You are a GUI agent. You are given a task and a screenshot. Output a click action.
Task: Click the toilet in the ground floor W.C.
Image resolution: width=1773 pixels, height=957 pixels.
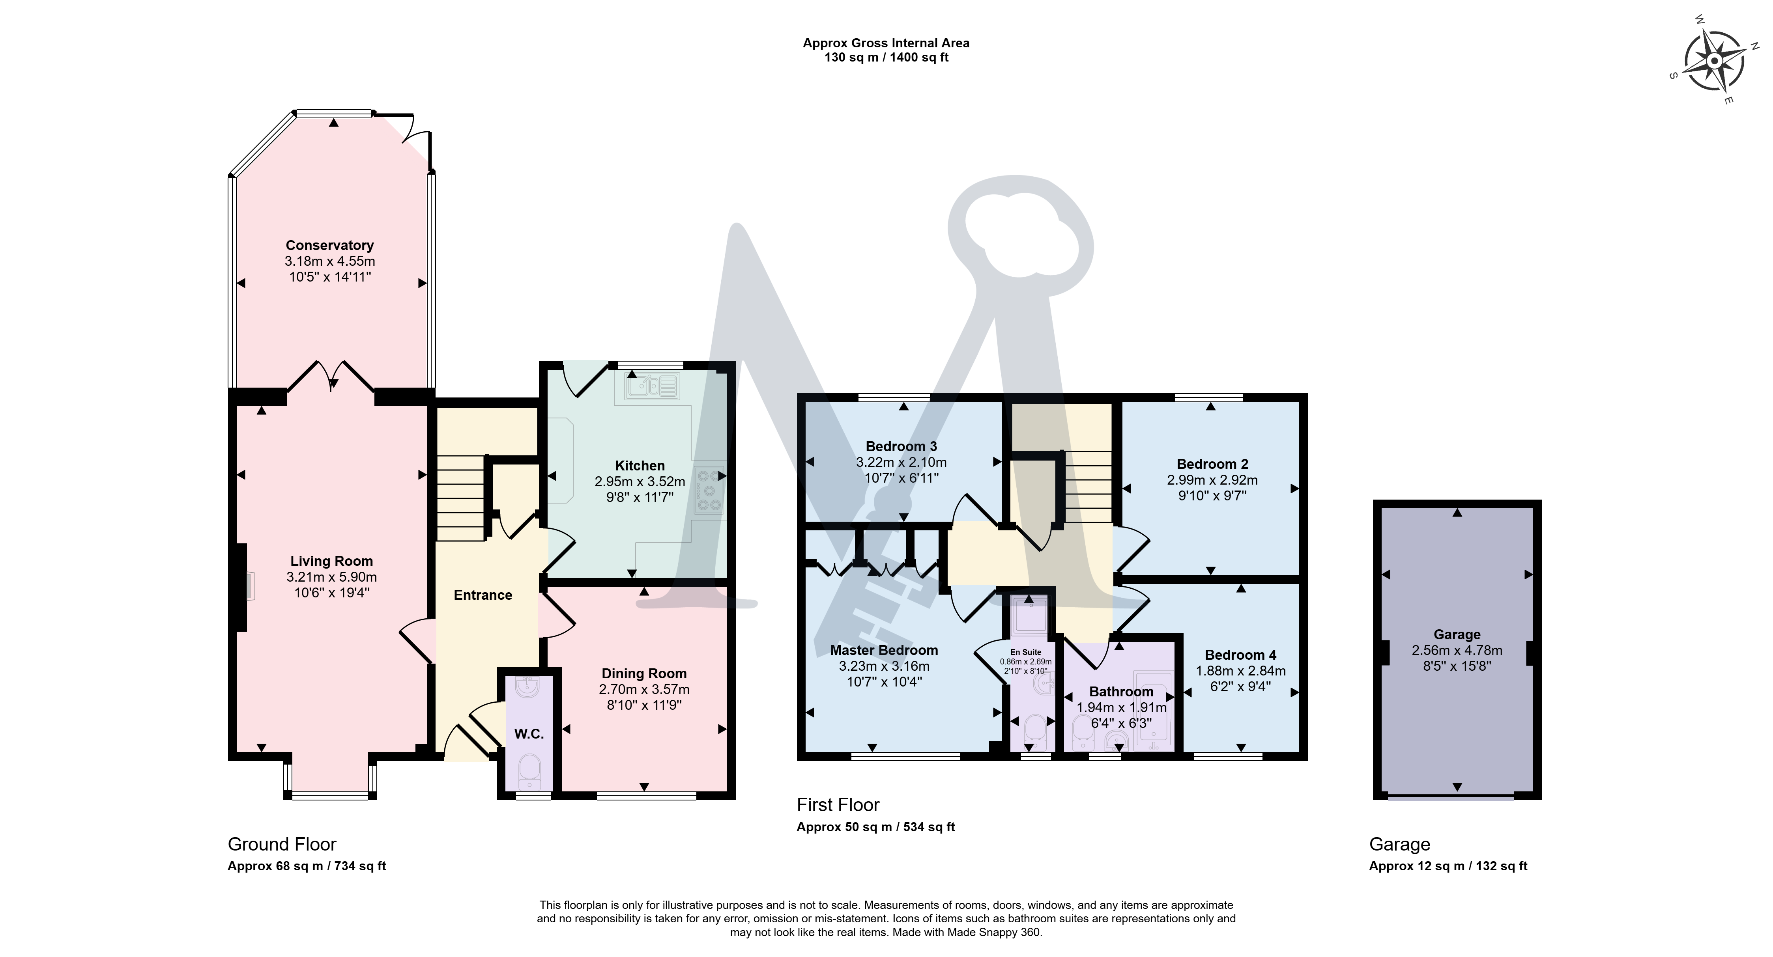529,770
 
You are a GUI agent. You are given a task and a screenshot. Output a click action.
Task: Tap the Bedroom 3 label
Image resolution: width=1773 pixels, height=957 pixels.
901,446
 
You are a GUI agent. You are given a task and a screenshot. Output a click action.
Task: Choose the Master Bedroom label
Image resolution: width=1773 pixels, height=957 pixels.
884,650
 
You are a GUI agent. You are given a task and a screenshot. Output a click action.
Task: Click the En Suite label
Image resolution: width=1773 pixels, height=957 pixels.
1025,651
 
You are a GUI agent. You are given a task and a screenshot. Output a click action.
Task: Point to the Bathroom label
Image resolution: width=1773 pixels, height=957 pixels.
1121,692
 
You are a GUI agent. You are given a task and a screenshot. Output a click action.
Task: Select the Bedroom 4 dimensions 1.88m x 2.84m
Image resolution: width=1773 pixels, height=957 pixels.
1240,671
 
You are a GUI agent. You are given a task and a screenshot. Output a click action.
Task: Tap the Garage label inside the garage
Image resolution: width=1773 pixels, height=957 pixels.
1457,634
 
